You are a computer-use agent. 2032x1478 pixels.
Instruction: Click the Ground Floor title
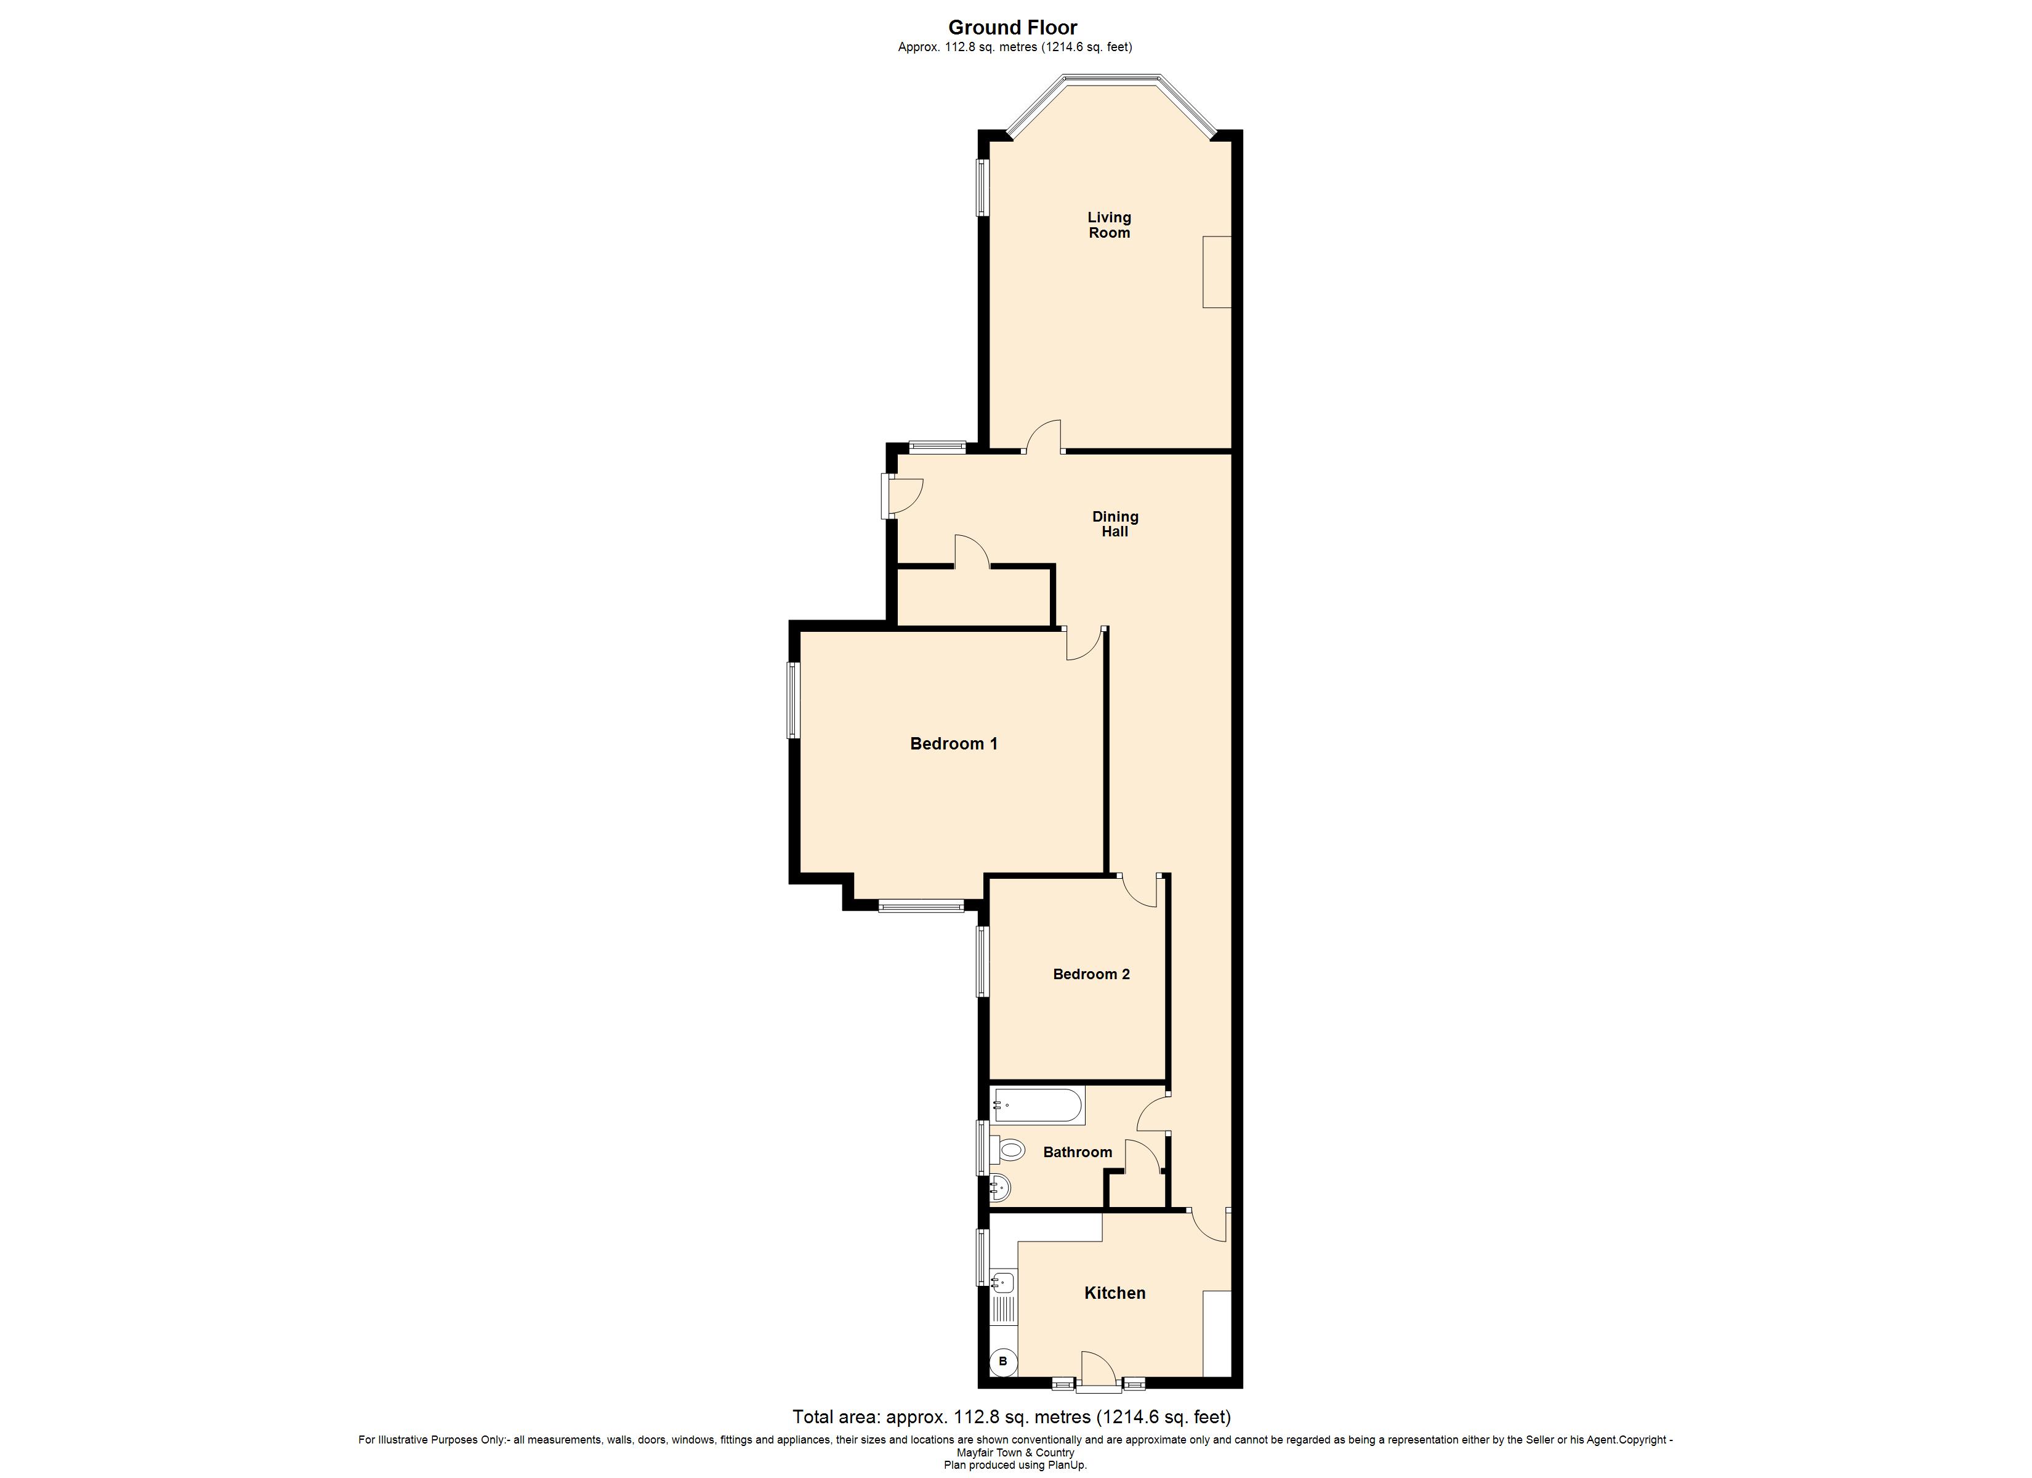pyautogui.click(x=1014, y=28)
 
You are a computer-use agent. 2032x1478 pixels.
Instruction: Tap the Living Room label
pyautogui.click(x=1109, y=225)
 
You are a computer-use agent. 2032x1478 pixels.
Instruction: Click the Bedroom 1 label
pyautogui.click(x=953, y=743)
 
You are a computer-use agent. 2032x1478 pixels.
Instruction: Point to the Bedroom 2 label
pyautogui.click(x=1091, y=974)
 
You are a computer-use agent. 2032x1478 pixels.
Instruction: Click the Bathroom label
pyautogui.click(x=1077, y=1153)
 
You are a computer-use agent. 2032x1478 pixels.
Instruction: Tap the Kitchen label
pyautogui.click(x=1115, y=1293)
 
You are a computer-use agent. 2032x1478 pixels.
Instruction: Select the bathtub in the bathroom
pyautogui.click(x=1038, y=1105)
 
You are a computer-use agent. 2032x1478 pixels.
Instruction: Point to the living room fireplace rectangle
pyautogui.click(x=1217, y=272)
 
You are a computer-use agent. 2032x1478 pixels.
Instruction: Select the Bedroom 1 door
pyautogui.click(x=1084, y=644)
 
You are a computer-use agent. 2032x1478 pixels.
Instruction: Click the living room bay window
pyautogui.click(x=1111, y=83)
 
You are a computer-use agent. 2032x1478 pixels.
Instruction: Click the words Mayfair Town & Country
pyautogui.click(x=1015, y=1453)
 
